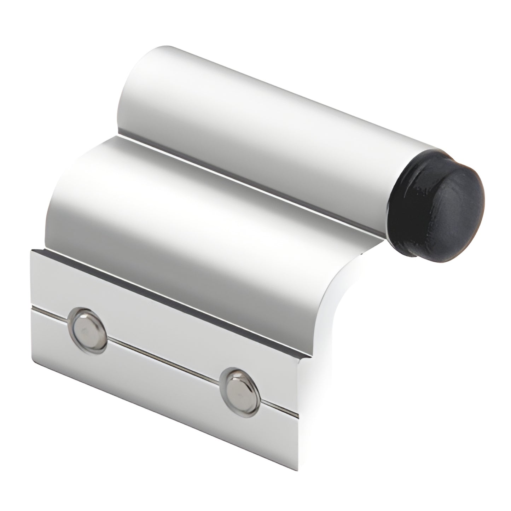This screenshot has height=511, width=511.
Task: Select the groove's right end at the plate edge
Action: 297,414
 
